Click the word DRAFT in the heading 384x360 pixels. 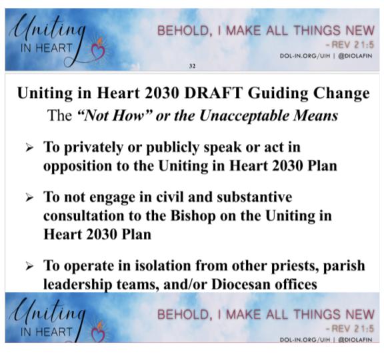[213, 93]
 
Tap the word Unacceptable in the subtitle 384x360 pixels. [244, 115]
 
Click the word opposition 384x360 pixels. [77, 167]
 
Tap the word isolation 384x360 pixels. [162, 266]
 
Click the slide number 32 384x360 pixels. [192, 66]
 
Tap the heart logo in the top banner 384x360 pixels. [98, 50]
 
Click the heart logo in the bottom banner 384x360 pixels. [98, 332]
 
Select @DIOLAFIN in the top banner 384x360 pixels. [355, 56]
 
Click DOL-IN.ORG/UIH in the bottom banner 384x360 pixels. [305, 339]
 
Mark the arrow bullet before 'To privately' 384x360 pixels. [29, 148]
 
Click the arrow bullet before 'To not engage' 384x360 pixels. [29, 197]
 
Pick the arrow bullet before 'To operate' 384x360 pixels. [29, 266]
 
